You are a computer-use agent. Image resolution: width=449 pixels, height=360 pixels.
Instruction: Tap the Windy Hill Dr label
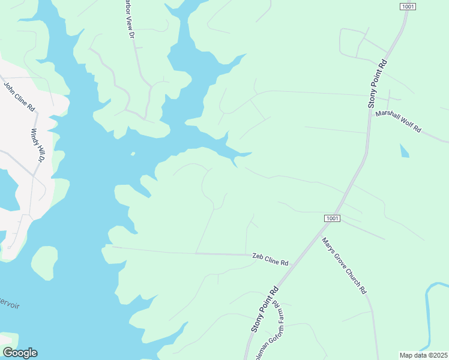click(37, 146)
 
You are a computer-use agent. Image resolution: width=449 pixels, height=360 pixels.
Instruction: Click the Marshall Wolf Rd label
click(399, 121)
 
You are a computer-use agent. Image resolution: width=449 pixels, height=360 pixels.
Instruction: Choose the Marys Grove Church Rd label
click(343, 265)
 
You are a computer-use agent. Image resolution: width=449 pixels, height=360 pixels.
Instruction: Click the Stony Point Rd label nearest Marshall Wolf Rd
click(378, 84)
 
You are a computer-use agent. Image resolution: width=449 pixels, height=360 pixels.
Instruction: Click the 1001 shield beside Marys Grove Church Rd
click(333, 218)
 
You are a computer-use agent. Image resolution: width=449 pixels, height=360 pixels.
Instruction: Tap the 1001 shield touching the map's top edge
click(408, 5)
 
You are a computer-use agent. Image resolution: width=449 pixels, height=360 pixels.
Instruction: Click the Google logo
click(20, 353)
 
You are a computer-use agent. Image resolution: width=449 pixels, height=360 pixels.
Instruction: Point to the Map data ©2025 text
click(423, 355)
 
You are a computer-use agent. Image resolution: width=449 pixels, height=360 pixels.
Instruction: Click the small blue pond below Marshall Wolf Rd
click(404, 150)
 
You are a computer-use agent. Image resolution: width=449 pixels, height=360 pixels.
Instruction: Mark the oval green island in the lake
click(44, 263)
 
